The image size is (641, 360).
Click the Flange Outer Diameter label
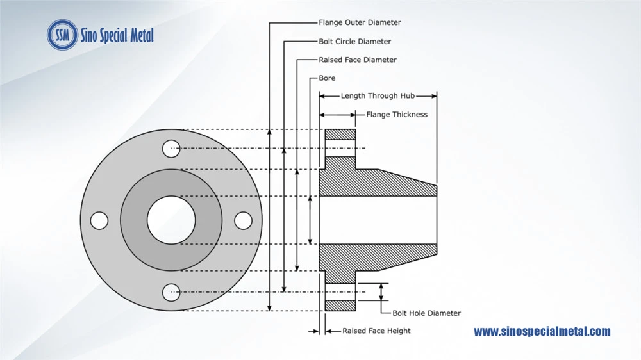360,22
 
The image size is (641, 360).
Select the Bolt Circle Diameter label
355,41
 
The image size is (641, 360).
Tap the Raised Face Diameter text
358,60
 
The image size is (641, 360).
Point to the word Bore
327,78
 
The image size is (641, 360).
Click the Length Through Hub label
378,95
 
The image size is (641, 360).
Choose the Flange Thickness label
397,115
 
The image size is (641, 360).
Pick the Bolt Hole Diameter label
426,313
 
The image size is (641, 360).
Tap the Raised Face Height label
376,331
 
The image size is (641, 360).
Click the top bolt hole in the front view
171,149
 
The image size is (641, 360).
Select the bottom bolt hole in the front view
171,292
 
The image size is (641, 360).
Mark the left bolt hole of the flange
99,220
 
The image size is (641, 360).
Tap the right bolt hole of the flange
243,220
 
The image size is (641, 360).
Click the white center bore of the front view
171,220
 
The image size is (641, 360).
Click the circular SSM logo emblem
62,35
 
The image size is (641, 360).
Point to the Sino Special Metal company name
117,35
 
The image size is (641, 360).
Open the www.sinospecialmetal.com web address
542,331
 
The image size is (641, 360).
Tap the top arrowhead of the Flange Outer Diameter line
269,131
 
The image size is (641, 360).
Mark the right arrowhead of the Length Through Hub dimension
434,96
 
